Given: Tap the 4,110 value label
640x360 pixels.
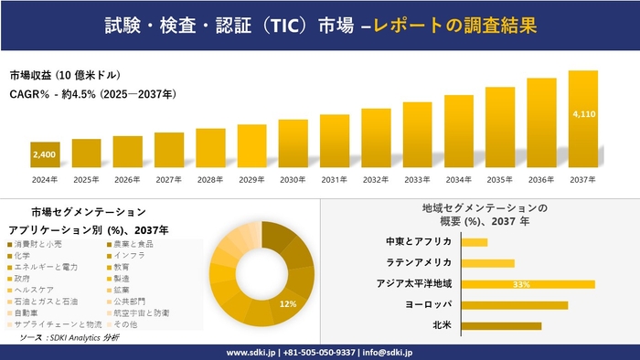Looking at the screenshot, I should (x=583, y=114).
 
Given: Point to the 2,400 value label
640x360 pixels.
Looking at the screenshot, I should (x=45, y=155).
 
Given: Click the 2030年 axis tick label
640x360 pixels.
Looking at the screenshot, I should (x=293, y=178).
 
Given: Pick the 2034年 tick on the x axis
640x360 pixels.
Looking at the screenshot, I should (x=459, y=178).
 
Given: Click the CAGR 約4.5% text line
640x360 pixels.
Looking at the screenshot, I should (x=92, y=94).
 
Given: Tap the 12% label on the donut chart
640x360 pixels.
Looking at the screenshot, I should (x=288, y=303).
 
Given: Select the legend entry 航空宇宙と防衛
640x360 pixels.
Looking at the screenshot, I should (x=142, y=312).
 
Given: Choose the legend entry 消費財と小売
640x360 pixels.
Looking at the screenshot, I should (x=41, y=245).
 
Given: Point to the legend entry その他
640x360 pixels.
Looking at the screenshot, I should (x=125, y=323).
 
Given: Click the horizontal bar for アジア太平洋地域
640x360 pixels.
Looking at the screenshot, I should (x=528, y=284).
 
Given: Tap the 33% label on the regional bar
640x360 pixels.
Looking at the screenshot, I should (x=522, y=284).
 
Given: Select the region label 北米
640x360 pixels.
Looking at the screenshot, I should (x=442, y=325).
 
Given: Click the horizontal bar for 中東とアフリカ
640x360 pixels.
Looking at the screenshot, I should (x=475, y=242).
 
